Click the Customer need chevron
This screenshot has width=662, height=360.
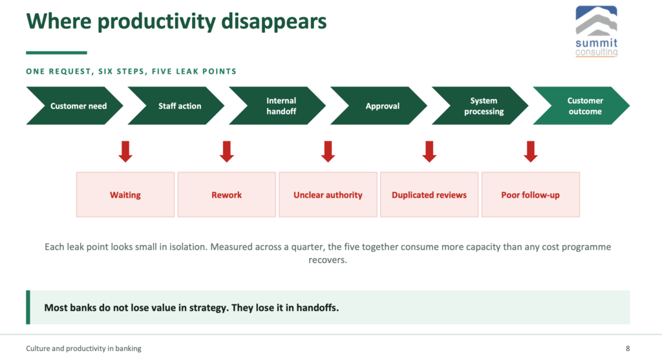click(75, 106)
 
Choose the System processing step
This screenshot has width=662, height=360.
click(480, 106)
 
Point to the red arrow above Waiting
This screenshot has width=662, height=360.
click(125, 151)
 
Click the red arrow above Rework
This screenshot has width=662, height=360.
click(227, 151)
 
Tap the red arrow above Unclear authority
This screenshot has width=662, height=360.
click(328, 151)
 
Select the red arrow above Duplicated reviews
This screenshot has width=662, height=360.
click(429, 151)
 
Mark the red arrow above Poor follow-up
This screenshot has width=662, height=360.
click(531, 151)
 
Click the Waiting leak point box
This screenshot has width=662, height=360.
click(125, 195)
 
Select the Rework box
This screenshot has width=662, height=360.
click(227, 195)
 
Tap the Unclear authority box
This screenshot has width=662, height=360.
click(328, 195)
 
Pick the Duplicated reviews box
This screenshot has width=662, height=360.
click(429, 195)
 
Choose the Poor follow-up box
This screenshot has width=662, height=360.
click(531, 195)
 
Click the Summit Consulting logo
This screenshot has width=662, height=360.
click(597, 31)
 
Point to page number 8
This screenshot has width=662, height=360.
click(628, 348)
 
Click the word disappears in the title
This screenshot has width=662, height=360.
click(274, 22)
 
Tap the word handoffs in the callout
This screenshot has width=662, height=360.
click(317, 308)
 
